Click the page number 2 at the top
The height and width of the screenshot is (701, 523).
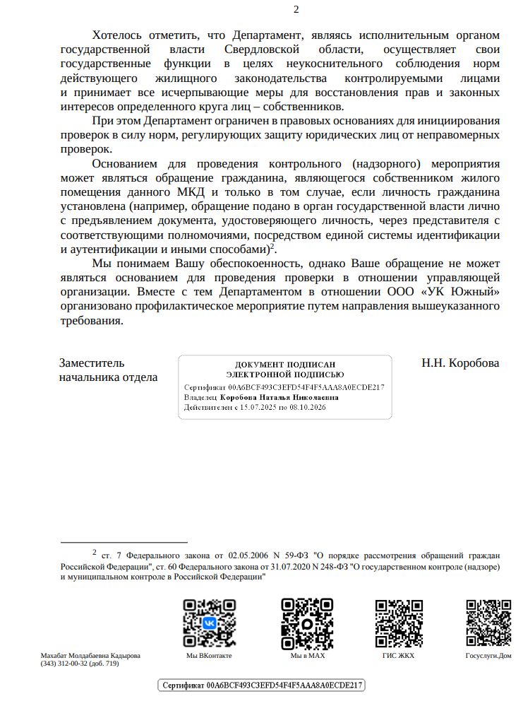296,9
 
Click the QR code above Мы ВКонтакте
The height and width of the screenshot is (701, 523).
210,623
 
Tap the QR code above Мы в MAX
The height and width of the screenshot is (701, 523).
307,623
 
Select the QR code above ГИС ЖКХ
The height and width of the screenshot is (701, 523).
399,623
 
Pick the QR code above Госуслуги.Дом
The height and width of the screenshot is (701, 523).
488,623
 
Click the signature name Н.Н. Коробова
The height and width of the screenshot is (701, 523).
460,363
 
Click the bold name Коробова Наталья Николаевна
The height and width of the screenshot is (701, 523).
279,397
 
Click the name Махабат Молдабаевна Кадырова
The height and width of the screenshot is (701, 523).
90,656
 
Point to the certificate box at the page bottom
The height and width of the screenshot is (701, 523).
261,685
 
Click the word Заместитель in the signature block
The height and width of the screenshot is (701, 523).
92,363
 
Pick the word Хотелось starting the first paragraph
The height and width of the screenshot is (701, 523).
116,35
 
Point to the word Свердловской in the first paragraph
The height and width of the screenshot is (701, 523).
263,50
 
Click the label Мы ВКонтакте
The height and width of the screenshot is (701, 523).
209,656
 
